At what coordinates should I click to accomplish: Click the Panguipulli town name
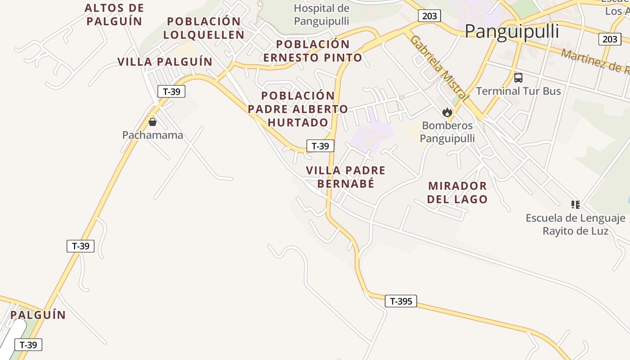click(512, 31)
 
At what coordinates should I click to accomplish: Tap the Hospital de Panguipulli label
click(321, 14)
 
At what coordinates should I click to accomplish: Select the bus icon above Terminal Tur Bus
click(518, 77)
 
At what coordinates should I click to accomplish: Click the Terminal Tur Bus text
click(518, 91)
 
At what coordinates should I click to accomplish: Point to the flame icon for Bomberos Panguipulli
click(447, 112)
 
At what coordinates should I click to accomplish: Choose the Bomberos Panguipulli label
click(447, 132)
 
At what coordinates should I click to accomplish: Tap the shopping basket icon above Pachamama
click(153, 122)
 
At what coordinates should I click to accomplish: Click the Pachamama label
click(153, 135)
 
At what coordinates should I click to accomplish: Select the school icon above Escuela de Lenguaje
click(575, 205)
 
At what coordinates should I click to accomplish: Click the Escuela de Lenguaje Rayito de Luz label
click(576, 225)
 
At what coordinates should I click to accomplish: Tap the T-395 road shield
click(401, 301)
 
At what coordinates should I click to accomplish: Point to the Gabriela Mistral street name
click(439, 67)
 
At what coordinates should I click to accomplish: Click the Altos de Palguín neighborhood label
click(114, 14)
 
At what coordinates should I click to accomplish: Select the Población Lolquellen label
click(204, 28)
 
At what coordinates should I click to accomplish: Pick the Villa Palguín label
click(165, 62)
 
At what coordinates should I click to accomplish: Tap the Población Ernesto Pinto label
click(313, 51)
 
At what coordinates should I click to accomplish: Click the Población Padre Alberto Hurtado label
click(298, 109)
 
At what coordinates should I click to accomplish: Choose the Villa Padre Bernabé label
click(346, 177)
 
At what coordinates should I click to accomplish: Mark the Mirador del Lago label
click(457, 192)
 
